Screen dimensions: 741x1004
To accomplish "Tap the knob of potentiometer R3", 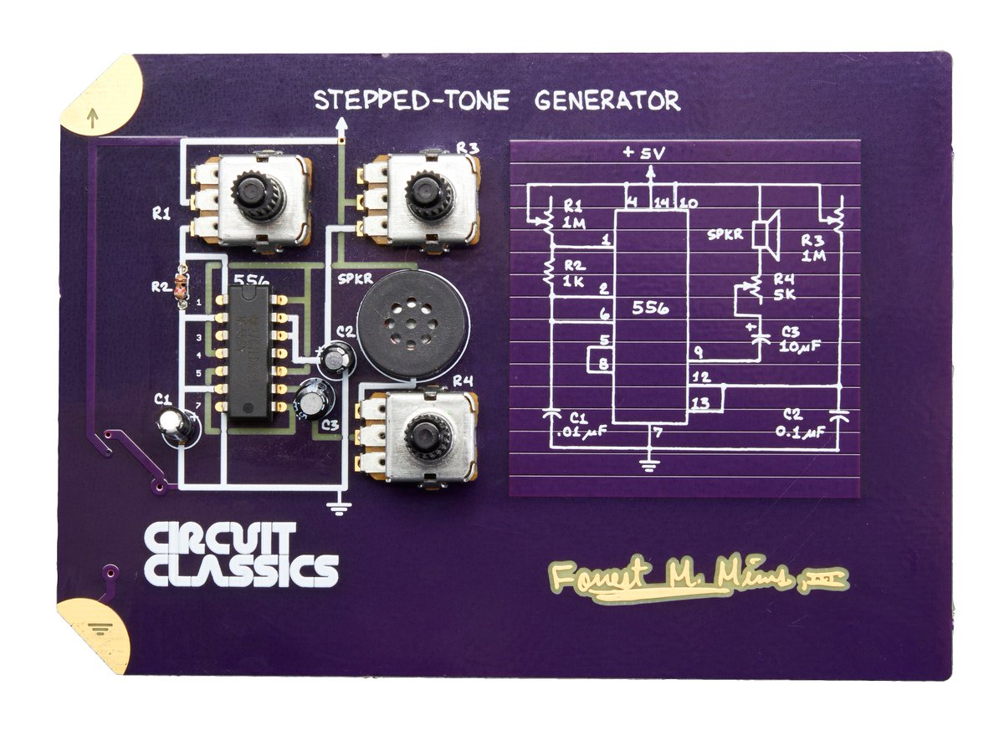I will [x=429, y=196].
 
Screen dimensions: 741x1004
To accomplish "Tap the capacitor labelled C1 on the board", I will [x=177, y=425].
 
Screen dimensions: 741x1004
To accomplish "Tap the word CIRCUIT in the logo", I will [x=219, y=539].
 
